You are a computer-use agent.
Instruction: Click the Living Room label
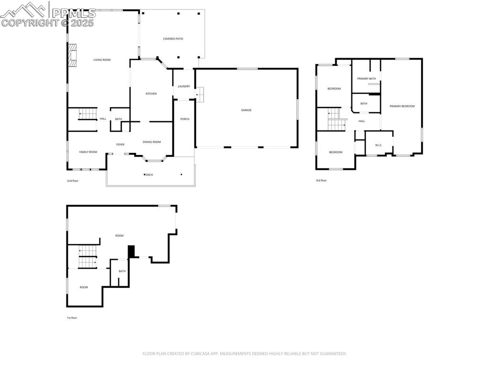[102, 60]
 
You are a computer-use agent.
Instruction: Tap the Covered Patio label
[173, 39]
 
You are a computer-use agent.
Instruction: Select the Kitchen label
[151, 94]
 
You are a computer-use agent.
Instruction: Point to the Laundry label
[184, 86]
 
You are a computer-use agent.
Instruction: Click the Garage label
[246, 110]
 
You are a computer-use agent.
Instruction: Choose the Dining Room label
[152, 142]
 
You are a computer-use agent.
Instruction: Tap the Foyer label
[120, 145]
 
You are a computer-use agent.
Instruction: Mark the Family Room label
[88, 152]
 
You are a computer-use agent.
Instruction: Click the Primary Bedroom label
[402, 106]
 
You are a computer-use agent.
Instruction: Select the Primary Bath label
[366, 78]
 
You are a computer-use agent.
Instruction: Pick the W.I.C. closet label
[379, 145]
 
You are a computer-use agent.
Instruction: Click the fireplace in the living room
[72, 55]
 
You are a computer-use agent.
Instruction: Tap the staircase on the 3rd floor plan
[336, 120]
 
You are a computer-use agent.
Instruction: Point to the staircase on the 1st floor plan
[87, 257]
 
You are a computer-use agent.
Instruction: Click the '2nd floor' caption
[73, 181]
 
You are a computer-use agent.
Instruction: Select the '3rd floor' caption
[321, 180]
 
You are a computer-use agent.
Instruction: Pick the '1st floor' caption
[71, 317]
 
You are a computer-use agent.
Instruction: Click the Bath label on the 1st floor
[122, 271]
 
